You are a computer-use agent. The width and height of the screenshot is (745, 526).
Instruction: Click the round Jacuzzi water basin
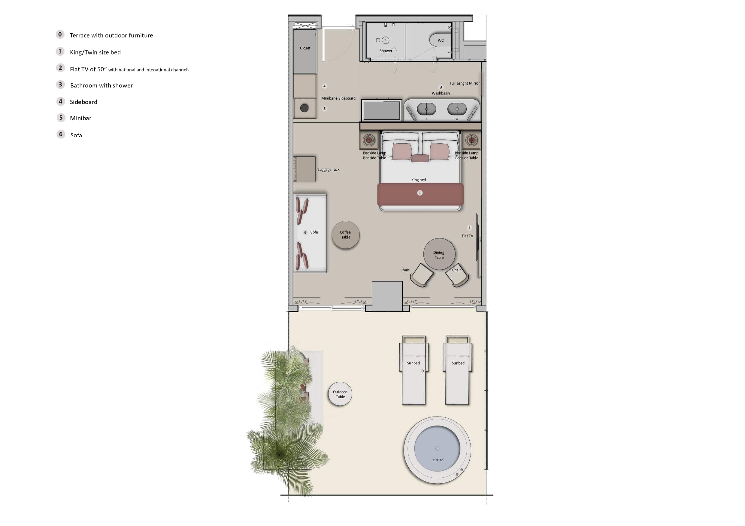437,449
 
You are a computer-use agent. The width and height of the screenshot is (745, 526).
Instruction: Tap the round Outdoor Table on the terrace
340,394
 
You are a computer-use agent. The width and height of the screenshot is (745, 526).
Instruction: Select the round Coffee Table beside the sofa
346,235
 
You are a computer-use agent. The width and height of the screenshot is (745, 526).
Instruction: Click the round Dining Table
439,254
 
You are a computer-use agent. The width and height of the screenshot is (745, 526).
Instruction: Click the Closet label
305,48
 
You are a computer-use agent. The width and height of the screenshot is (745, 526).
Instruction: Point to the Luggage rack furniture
305,169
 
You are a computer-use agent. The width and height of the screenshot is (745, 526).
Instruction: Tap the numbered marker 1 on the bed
419,193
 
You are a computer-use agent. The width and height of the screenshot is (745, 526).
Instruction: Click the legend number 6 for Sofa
61,134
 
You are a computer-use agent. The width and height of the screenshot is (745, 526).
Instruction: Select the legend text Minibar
80,118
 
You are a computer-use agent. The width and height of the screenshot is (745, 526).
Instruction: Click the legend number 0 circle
60,34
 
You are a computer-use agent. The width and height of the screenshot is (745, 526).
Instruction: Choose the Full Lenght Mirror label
464,83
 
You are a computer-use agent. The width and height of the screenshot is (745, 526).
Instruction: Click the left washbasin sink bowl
426,109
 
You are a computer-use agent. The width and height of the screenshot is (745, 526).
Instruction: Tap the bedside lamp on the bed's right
471,140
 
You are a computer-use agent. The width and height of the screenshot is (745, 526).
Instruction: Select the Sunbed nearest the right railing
457,370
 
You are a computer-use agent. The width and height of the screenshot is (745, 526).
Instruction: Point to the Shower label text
386,51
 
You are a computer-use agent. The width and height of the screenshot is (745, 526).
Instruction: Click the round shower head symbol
386,40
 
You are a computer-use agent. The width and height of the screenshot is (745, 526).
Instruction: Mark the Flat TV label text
467,236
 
